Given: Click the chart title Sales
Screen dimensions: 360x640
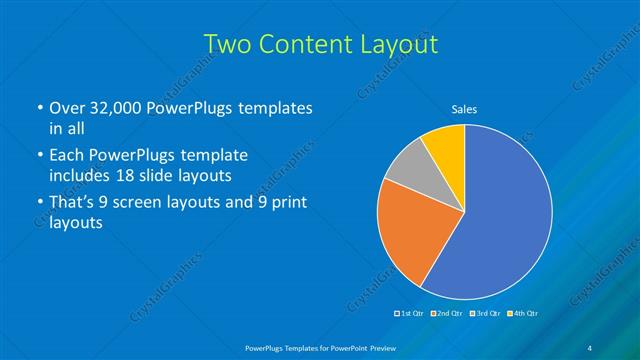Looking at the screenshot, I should click(x=464, y=108).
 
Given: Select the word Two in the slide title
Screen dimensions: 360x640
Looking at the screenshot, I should click(x=227, y=45).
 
